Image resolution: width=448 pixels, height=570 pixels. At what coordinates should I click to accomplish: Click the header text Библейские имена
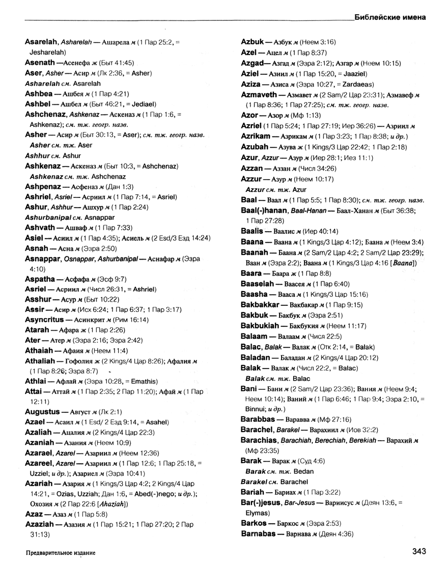click(x=390, y=16)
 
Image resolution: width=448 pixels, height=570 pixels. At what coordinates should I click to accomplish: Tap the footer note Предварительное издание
click(x=60, y=552)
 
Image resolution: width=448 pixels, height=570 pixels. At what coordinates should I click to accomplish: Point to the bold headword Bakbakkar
click(x=260, y=304)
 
